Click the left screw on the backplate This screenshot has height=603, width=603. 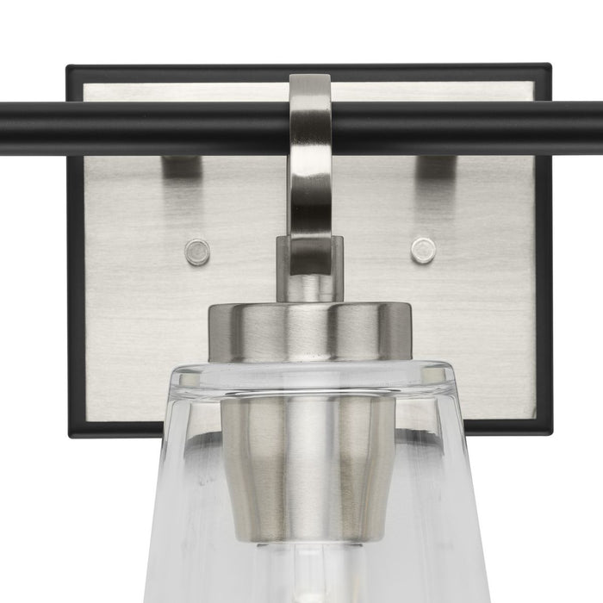coord(197,252)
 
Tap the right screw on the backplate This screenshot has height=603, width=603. coord(423,250)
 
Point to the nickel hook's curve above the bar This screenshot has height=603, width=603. coord(310,87)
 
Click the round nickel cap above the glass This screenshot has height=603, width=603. coord(309,332)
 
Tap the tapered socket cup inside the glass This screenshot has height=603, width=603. coord(308,465)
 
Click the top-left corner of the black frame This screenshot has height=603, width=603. coord(70,68)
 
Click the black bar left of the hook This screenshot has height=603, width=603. coord(146,127)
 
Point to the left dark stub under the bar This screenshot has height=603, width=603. coord(180,166)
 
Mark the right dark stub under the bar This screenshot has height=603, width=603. coord(434,166)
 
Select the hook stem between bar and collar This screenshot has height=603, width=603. coord(309,198)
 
